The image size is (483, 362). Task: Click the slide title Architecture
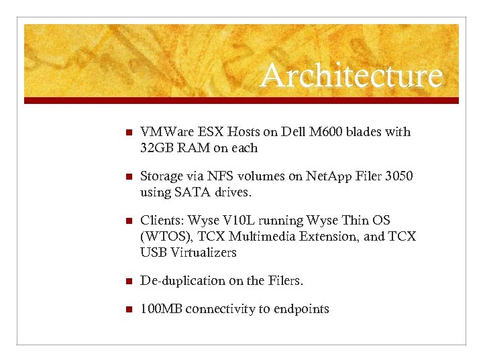(352, 76)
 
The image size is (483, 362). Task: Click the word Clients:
(162, 221)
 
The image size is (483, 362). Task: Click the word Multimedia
(253, 237)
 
